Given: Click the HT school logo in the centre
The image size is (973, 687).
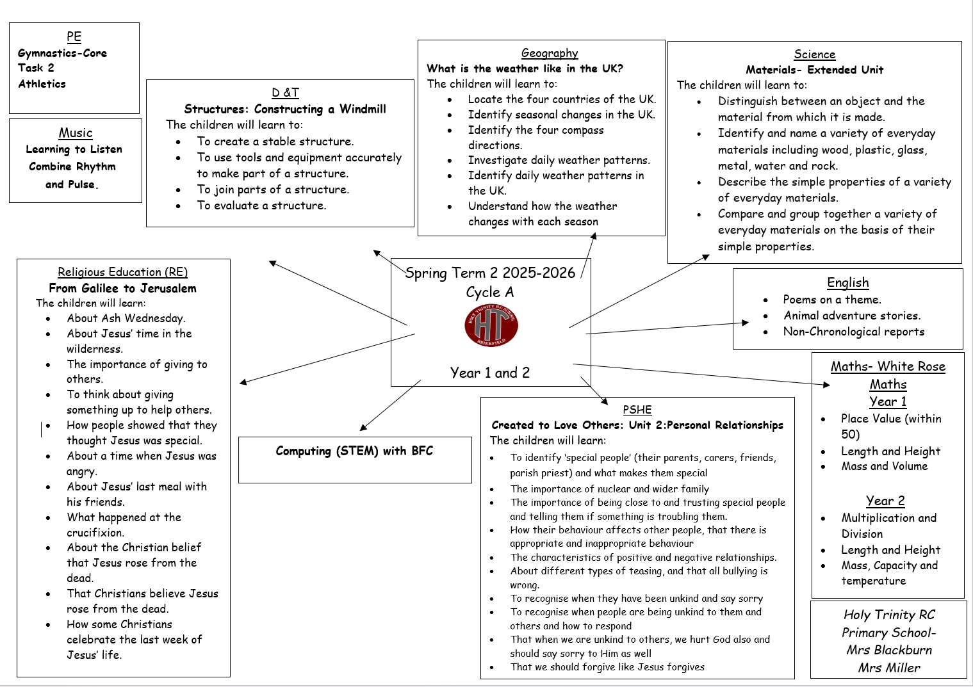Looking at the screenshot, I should click(x=491, y=326).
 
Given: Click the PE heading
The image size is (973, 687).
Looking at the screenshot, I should click(x=74, y=36).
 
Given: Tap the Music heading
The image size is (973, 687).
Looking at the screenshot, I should click(x=76, y=133).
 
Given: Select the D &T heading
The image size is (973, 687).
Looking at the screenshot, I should click(x=285, y=92).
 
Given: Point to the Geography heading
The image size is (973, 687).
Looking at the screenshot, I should click(x=550, y=53).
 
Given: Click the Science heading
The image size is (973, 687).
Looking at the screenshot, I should click(x=814, y=54).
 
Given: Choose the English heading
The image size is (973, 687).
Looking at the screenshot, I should click(x=847, y=282).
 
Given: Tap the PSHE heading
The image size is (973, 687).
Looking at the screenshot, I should click(x=637, y=410).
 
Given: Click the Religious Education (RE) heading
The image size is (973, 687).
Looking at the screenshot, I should click(x=122, y=272).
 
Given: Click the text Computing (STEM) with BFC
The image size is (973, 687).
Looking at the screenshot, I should click(x=354, y=451).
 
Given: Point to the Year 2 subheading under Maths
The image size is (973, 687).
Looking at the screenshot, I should click(x=885, y=501).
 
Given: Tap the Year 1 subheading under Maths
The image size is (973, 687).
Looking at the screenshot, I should click(x=887, y=401).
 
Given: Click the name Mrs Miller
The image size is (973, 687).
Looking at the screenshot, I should click(x=889, y=668).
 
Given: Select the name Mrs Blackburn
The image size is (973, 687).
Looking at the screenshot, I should click(x=889, y=650).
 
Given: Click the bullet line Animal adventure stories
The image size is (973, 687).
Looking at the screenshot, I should click(x=852, y=316).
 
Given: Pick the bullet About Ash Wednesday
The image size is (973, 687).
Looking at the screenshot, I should click(x=126, y=318).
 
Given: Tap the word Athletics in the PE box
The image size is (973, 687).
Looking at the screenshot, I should click(x=42, y=84).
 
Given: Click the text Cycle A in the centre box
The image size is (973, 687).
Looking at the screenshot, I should click(x=490, y=292).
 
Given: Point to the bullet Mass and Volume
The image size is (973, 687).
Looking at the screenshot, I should click(x=884, y=466).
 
